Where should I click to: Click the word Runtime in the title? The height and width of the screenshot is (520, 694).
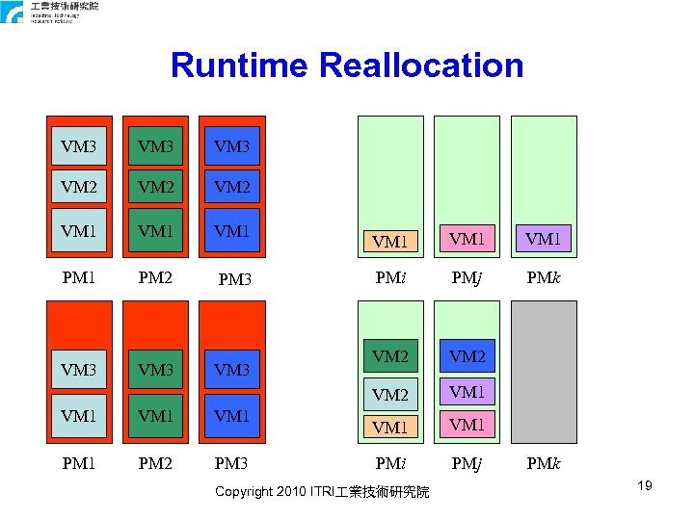pos(240,66)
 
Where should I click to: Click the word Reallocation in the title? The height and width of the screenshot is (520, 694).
pos(420,66)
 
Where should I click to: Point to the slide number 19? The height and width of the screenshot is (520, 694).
pos(644,485)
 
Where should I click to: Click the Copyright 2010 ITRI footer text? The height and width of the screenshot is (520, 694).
pos(322,493)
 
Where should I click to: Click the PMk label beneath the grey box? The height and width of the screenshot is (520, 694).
pos(544,465)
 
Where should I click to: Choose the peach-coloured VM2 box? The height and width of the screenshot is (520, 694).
pos(390,395)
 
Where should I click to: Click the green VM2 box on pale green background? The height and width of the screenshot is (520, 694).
pos(390,357)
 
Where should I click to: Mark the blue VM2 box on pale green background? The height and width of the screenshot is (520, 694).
pos(467,357)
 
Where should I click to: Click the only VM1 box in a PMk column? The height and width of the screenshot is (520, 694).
pos(544,238)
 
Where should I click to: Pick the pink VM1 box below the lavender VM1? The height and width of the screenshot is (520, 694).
pos(467,425)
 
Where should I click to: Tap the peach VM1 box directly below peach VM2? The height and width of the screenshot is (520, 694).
pos(390,427)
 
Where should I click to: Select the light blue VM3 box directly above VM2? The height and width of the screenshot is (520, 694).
pos(78,146)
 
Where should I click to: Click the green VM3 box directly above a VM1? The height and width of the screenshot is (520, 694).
pos(155,370)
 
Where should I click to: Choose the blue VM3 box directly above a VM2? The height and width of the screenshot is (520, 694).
pos(231,146)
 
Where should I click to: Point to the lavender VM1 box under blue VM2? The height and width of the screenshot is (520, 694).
pos(467,392)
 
